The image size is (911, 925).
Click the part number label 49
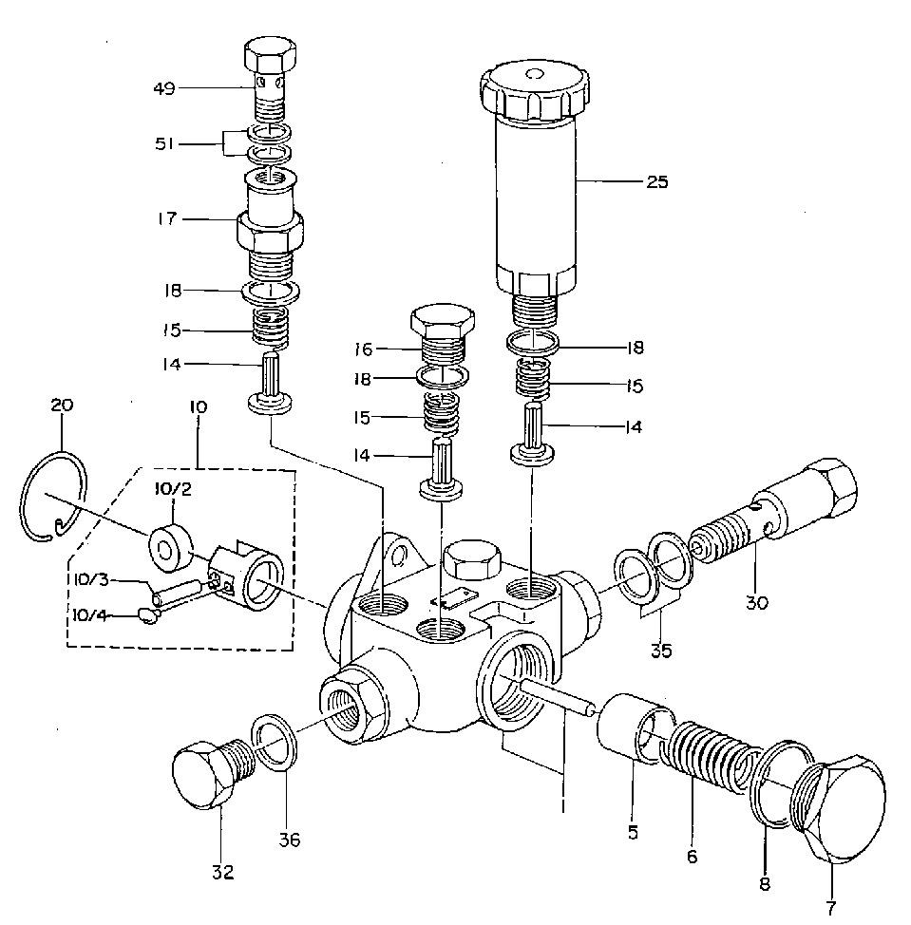pos(164,89)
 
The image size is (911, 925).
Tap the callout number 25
pos(656,182)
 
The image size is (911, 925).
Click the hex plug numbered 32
pos(203,769)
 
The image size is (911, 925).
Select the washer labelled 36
pos(276,748)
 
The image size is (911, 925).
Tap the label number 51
pos(166,144)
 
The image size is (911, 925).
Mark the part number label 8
pos(766,884)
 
